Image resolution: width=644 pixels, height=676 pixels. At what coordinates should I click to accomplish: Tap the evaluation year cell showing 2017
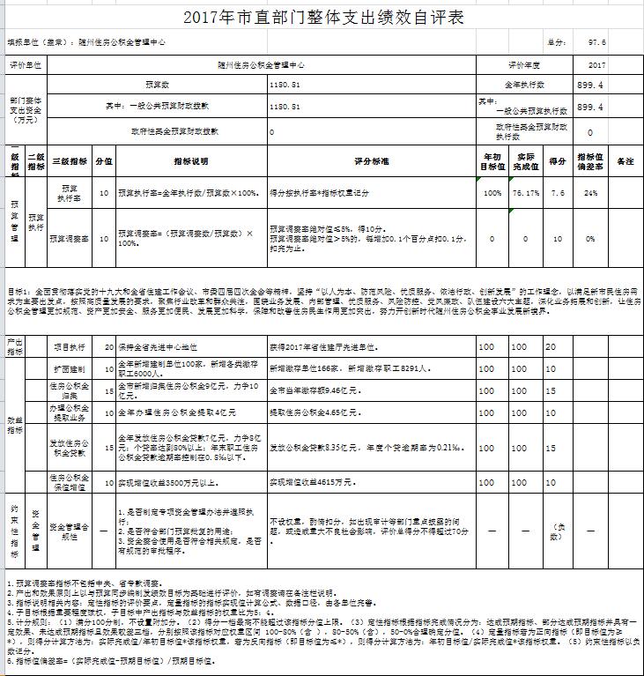click(596, 65)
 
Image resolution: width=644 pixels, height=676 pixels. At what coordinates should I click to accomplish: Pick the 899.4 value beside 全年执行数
click(589, 85)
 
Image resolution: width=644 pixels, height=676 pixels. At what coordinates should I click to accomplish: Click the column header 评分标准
click(371, 162)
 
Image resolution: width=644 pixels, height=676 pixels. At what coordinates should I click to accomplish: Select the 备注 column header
click(625, 162)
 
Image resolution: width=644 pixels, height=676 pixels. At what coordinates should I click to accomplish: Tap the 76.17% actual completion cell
click(526, 193)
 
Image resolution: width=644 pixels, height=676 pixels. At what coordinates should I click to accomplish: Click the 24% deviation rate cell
click(590, 193)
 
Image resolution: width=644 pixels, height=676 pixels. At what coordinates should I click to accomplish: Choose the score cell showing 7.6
click(558, 193)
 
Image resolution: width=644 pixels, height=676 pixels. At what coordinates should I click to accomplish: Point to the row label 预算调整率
click(68, 238)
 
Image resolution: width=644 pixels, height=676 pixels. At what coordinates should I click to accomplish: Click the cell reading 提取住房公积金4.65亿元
click(314, 412)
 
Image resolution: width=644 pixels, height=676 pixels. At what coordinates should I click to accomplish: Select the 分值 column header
click(104, 162)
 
